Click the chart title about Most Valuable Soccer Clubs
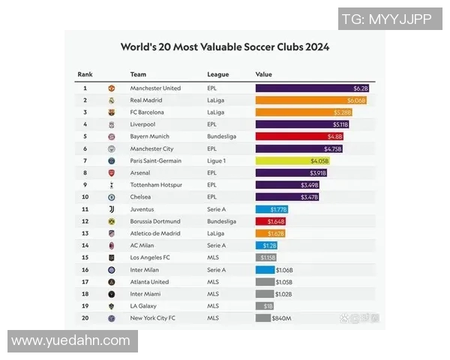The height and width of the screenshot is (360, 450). click(x=225, y=47)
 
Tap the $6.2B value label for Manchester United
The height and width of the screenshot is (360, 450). click(x=361, y=88)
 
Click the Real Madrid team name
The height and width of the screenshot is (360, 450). click(x=146, y=100)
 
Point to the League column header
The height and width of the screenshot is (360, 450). click(x=217, y=74)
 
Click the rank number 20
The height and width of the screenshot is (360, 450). click(x=85, y=318)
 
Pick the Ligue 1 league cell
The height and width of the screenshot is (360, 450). click(x=217, y=160)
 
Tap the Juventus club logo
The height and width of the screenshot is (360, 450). click(x=112, y=209)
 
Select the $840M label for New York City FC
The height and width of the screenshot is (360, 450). click(x=281, y=318)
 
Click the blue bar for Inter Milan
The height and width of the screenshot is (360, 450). click(x=265, y=270)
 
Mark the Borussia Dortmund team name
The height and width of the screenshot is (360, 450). click(x=155, y=221)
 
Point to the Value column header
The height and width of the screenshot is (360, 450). click(x=263, y=74)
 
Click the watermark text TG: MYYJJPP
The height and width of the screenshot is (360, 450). click(x=386, y=19)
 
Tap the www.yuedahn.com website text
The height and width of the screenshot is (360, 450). click(x=71, y=341)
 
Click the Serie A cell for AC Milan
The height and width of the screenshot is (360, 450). click(x=216, y=245)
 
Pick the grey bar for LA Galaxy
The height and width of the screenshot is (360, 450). click(x=265, y=306)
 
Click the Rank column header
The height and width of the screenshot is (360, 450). click(x=85, y=74)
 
